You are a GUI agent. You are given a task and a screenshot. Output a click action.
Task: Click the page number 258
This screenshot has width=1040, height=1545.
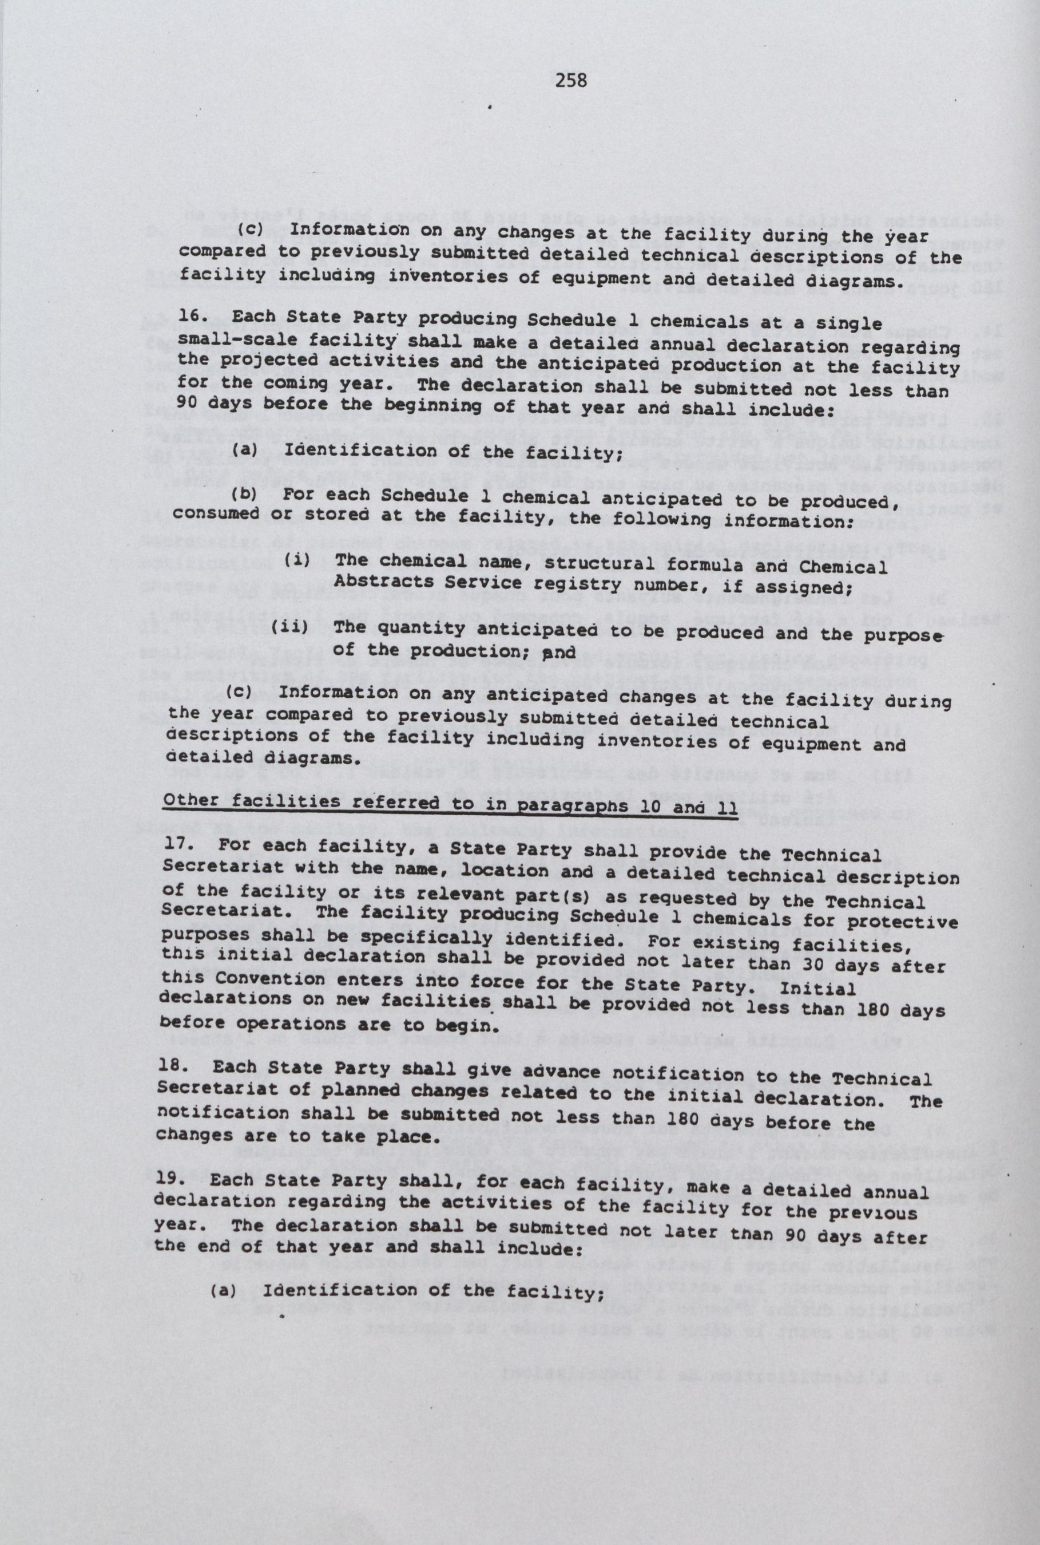pos(571,80)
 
